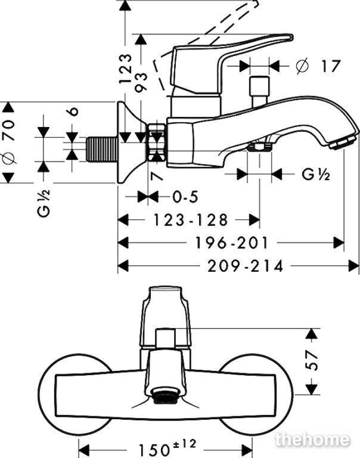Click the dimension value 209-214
(x=245, y=266)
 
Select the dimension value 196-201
(x=231, y=243)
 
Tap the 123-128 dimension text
(x=190, y=219)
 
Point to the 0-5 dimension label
(x=185, y=197)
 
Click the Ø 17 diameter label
(x=318, y=66)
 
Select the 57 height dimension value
(x=313, y=360)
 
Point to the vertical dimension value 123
(x=126, y=69)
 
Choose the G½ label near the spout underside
(x=316, y=175)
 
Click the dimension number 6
(x=74, y=112)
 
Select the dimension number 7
(x=157, y=176)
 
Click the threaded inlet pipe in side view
(x=102, y=149)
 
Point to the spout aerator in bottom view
(x=166, y=396)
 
